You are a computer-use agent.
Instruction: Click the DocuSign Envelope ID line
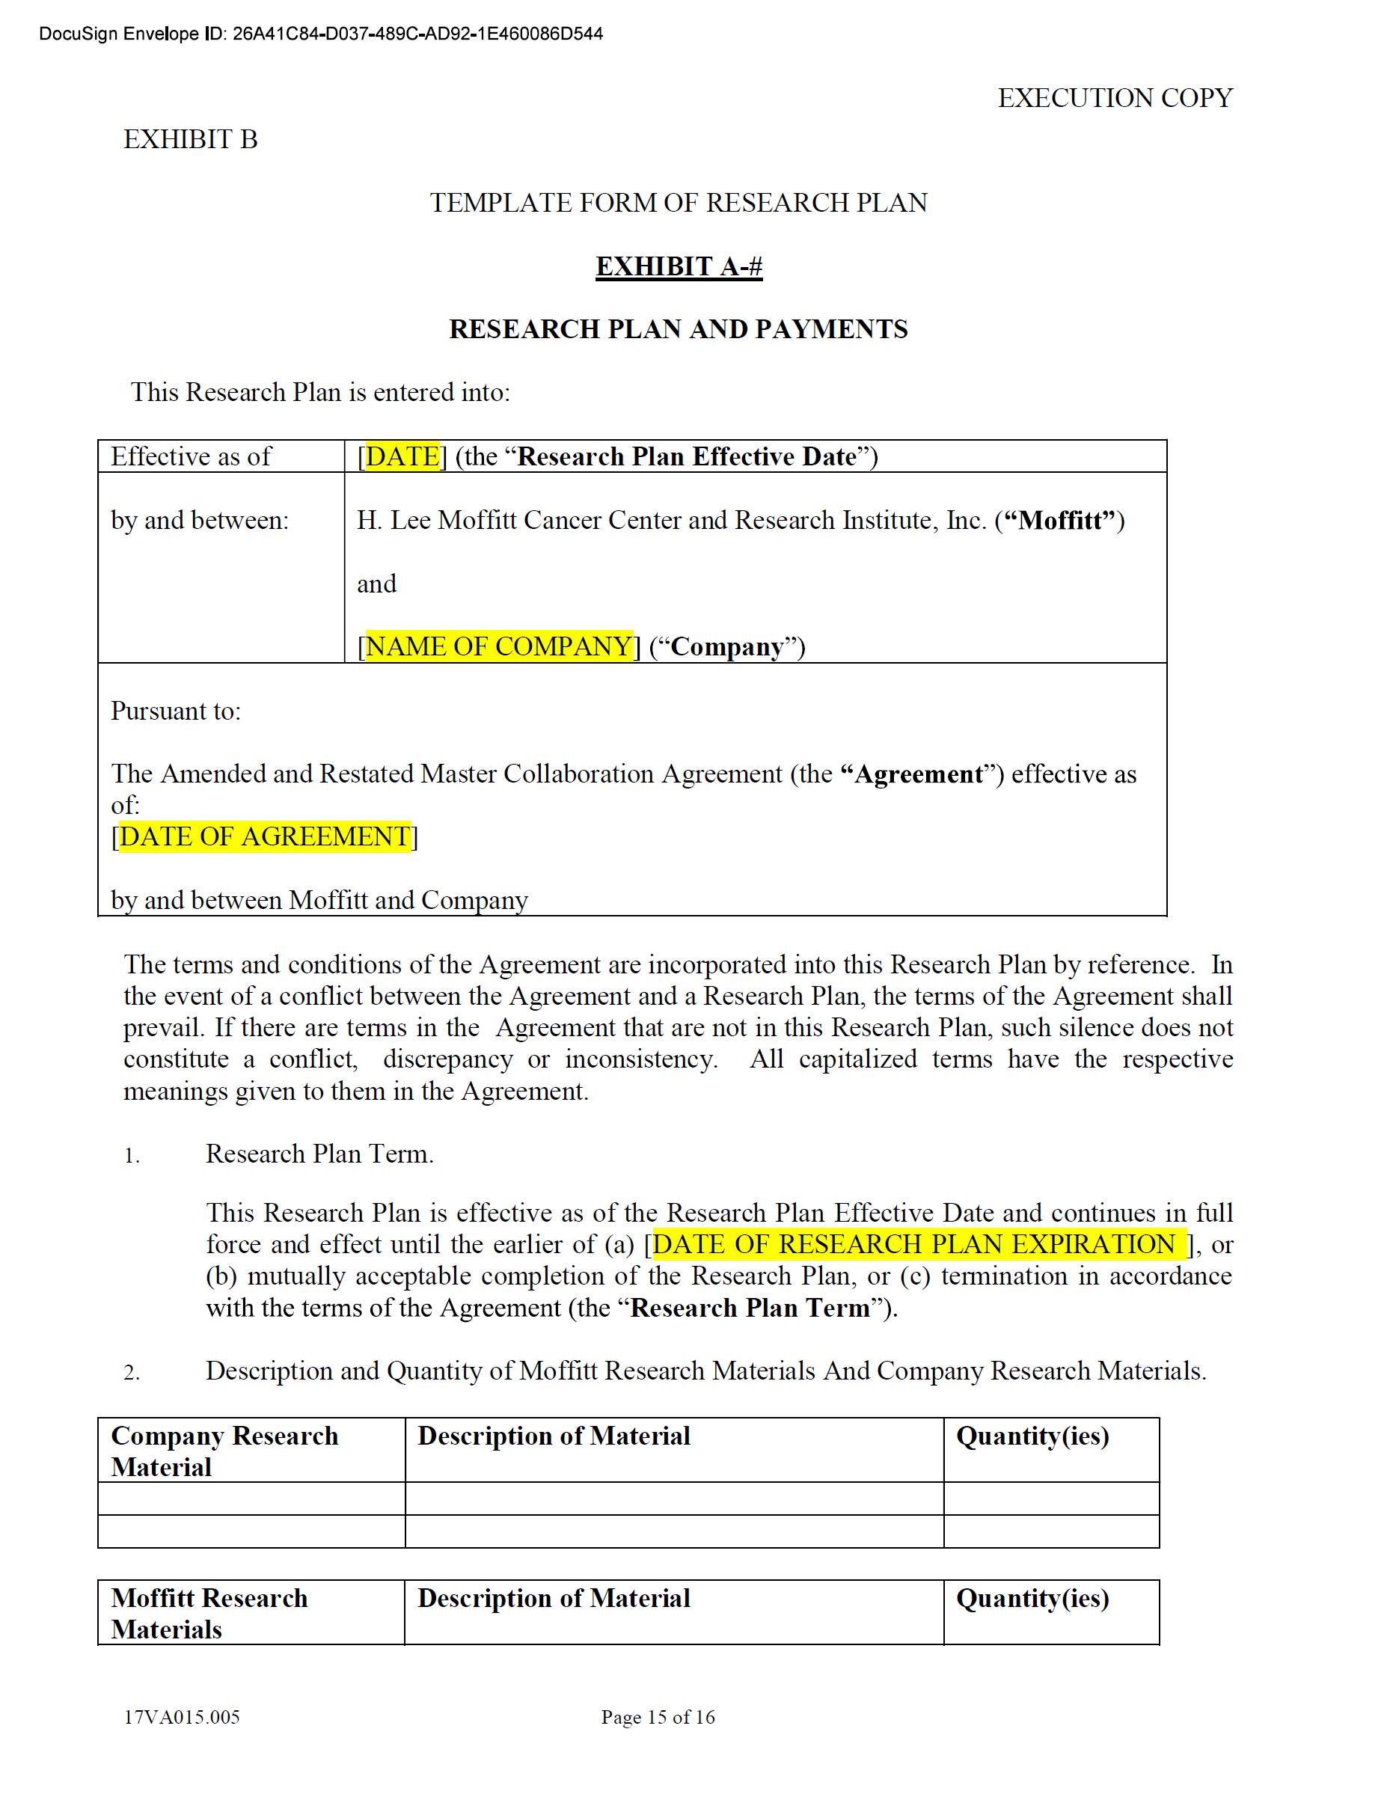[x=321, y=34]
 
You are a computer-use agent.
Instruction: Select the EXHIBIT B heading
[x=191, y=139]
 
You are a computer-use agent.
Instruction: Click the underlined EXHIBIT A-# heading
[x=679, y=266]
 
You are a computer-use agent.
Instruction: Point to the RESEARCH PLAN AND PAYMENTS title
[x=678, y=329]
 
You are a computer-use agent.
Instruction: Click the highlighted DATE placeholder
[x=402, y=456]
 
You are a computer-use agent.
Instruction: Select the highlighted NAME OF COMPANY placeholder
[x=499, y=646]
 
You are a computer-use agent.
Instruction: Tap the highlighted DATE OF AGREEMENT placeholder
[x=265, y=836]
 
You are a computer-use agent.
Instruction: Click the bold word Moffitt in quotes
[x=1064, y=520]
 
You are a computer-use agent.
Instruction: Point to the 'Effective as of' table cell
[x=192, y=456]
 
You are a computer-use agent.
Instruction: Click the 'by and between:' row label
[x=200, y=520]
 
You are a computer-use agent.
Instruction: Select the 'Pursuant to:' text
[x=176, y=711]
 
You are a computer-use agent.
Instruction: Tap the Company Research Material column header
[x=224, y=1451]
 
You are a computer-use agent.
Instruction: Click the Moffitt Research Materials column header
[x=209, y=1613]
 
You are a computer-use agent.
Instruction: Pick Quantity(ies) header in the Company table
[x=1032, y=1436]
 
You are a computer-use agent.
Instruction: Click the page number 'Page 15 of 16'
[x=658, y=1717]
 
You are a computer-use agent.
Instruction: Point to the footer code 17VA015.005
[x=182, y=1717]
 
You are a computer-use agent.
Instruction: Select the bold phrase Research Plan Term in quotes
[x=750, y=1308]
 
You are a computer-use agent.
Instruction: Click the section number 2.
[x=131, y=1373]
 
